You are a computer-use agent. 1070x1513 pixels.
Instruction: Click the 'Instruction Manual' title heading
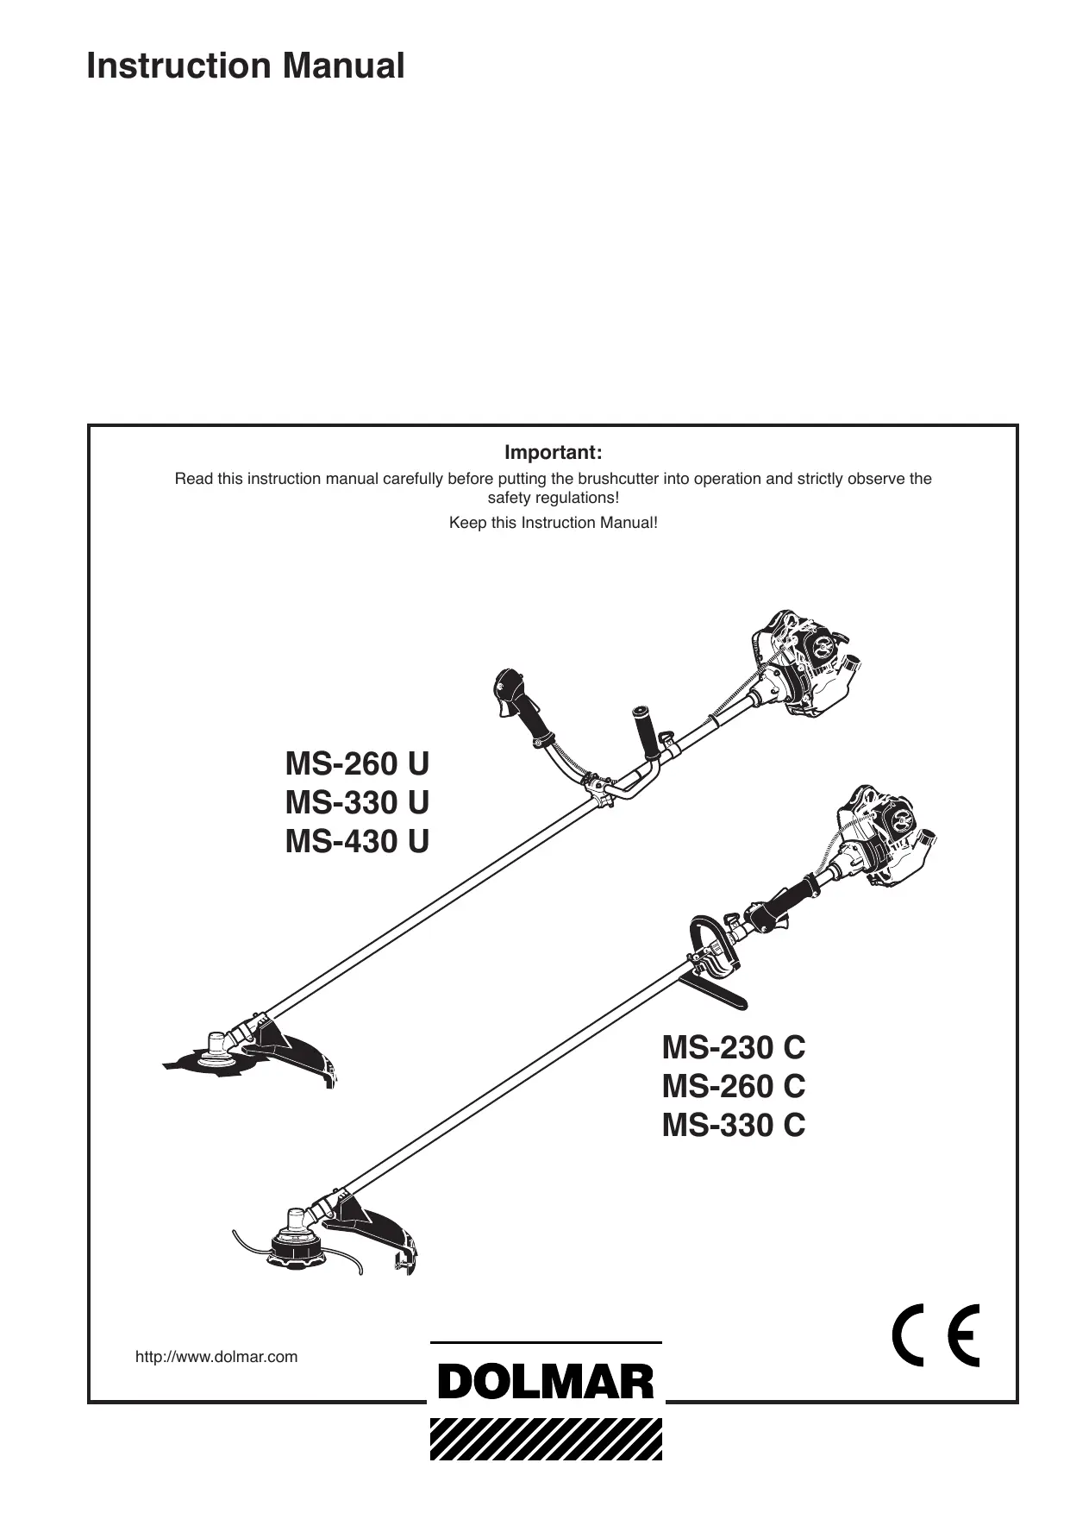(x=245, y=66)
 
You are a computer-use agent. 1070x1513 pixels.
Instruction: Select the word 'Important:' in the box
(x=553, y=453)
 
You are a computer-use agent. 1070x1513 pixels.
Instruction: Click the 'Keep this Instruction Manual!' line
(x=553, y=523)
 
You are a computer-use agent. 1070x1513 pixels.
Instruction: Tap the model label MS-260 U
(x=357, y=763)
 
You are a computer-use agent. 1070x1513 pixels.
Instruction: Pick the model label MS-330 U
(x=357, y=802)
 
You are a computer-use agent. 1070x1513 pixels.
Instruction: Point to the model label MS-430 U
(x=357, y=841)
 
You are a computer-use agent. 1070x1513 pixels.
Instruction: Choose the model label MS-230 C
(x=733, y=1047)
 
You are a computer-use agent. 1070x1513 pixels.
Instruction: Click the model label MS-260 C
(x=733, y=1086)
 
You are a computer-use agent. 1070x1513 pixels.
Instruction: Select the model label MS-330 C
(x=733, y=1125)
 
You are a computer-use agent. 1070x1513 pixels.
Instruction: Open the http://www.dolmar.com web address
(x=216, y=1357)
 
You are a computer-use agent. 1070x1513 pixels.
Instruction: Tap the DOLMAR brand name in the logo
(x=546, y=1383)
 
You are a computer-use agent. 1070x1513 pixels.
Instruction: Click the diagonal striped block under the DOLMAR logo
(x=546, y=1435)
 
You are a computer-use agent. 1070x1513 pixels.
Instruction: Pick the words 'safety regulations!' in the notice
(x=553, y=499)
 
